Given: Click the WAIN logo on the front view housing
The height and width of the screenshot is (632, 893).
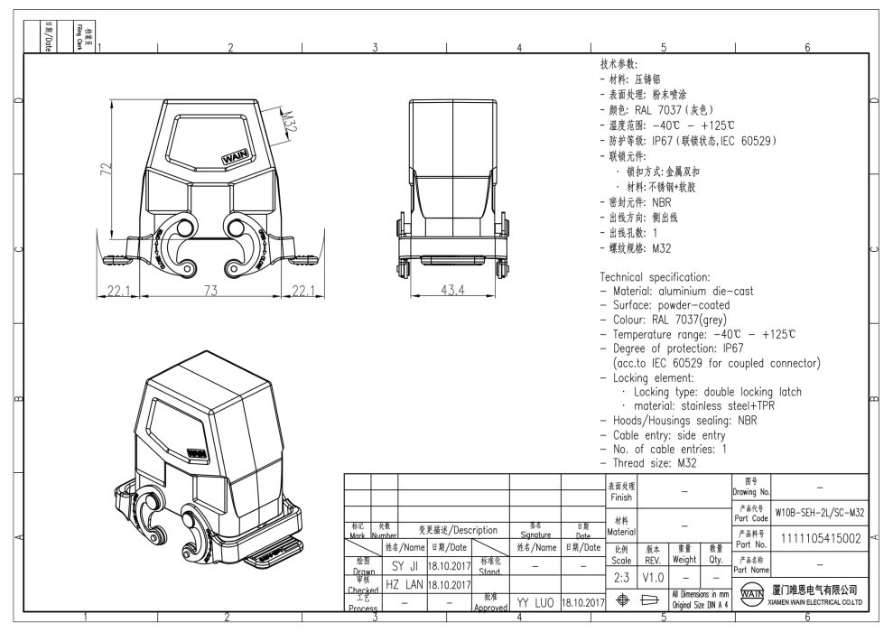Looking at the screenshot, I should (x=236, y=158).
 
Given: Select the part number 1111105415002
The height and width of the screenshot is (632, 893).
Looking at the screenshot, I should (x=820, y=539).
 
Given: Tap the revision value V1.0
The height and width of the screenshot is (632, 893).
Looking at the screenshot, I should (x=653, y=575).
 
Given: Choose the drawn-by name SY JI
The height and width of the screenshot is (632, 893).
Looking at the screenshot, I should (x=404, y=566).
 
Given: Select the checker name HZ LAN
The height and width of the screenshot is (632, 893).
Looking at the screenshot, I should (x=404, y=584).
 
